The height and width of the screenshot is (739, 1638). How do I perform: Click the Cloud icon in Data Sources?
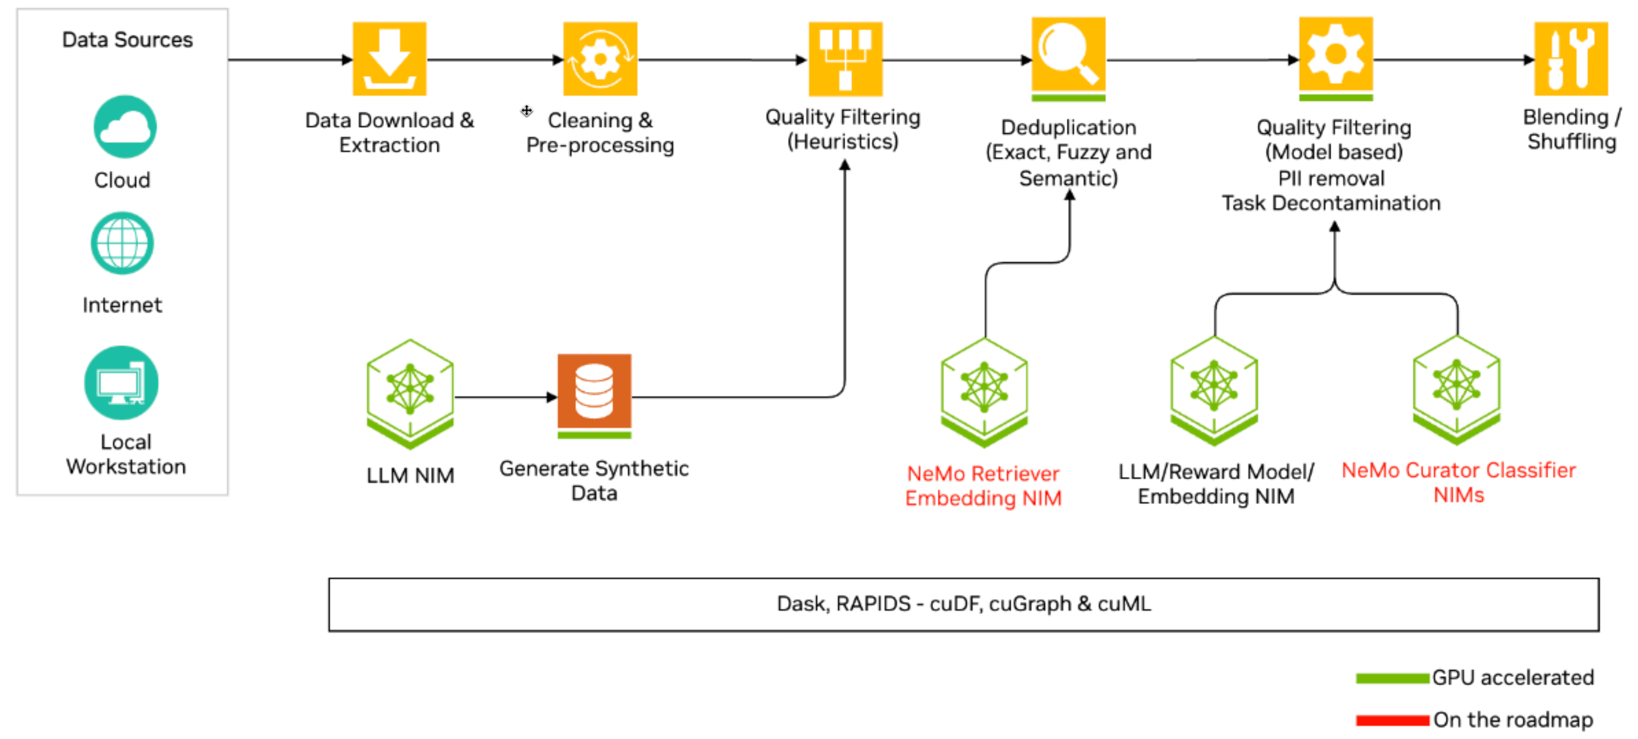(125, 126)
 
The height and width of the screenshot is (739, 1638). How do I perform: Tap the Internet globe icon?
(122, 243)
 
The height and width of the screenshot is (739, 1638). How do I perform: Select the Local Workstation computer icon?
(121, 383)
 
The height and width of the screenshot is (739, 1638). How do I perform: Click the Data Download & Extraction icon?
(389, 59)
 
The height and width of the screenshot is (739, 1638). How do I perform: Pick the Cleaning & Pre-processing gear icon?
(600, 59)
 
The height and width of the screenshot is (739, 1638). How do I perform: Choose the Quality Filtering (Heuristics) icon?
(845, 59)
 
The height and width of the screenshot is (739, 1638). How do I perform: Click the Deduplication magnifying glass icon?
(1068, 55)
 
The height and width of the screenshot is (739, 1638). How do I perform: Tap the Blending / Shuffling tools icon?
(1570, 59)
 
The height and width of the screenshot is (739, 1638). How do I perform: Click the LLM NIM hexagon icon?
(410, 391)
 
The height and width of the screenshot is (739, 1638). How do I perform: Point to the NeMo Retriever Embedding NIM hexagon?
(984, 389)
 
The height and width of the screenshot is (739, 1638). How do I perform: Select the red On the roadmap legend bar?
(1392, 721)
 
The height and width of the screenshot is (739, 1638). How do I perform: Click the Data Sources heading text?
(127, 40)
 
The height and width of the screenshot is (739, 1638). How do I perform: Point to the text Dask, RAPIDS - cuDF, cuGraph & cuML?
(964, 604)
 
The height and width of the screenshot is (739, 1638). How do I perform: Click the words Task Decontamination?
(1331, 203)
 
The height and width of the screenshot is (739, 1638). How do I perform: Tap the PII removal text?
(1331, 179)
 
